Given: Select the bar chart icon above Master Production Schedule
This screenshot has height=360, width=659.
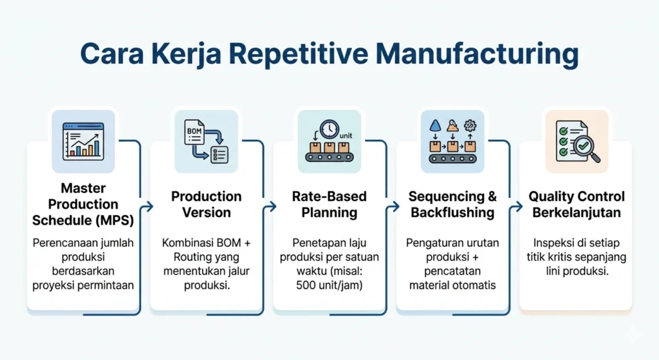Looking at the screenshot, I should point(82,141).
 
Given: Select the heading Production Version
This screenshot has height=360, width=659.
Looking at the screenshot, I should point(206,204).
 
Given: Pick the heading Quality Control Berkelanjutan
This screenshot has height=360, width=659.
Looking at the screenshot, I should point(577,204).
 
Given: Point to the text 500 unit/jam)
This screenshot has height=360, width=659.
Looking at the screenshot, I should point(329,284).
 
